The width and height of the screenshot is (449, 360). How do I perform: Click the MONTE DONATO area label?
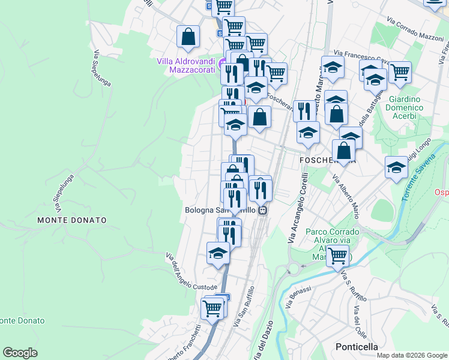[x=72, y=220]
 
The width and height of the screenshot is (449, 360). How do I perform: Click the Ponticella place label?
[x=357, y=347]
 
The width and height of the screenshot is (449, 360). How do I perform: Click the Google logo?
[x=20, y=352]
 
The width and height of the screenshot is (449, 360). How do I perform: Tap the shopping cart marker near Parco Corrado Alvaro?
[x=338, y=256]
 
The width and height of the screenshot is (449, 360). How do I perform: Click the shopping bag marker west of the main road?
[x=188, y=36]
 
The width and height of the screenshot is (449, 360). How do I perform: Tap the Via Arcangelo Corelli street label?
[x=298, y=208]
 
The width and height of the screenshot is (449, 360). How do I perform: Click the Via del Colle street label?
[x=361, y=321]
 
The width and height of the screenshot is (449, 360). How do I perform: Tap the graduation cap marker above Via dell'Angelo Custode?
[x=218, y=253]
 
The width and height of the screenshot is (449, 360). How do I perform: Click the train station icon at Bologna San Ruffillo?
[x=263, y=211]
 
